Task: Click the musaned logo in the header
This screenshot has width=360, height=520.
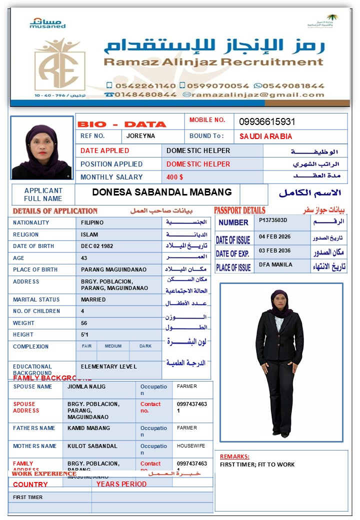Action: pos(47,23)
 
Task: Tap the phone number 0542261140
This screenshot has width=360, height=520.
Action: pos(144,85)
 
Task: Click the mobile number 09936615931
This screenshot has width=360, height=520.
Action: pos(267,122)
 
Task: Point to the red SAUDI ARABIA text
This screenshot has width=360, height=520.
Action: pos(265,136)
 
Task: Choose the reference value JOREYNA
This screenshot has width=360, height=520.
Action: pos(140,136)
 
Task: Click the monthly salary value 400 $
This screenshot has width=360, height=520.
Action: pos(175,177)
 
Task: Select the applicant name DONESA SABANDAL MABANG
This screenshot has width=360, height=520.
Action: pos(162,192)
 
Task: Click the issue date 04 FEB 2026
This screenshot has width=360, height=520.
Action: pos(274,236)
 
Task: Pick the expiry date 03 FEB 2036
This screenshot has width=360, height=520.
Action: pos(274,250)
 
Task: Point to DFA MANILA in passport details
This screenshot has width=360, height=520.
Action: pos(275,264)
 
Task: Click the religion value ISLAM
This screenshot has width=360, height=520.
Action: pos(89,234)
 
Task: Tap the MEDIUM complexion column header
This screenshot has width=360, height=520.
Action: pos(113,346)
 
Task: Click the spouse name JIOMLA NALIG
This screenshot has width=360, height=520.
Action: pos(86,386)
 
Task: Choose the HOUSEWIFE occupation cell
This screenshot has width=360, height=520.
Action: pos(191,445)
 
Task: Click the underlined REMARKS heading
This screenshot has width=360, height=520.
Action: pos(234,456)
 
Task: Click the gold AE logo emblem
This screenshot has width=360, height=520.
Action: pos(60,65)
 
